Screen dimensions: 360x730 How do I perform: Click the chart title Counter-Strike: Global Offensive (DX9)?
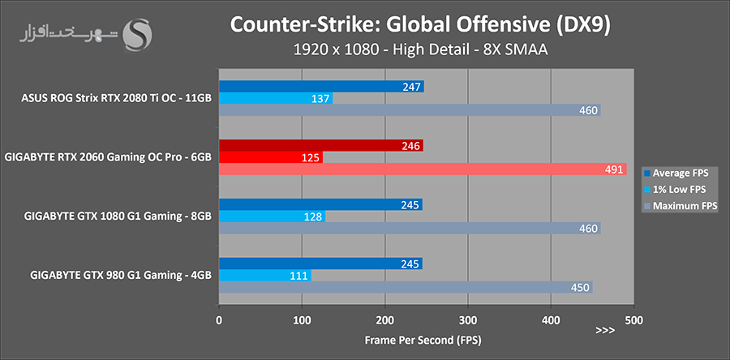click(x=420, y=24)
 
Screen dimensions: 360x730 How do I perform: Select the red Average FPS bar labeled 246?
click(x=320, y=145)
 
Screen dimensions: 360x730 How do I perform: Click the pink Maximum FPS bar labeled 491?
click(x=422, y=169)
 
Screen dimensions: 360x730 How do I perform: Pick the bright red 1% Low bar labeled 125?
click(x=271, y=157)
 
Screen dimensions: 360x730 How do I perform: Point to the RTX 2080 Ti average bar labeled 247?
click(x=321, y=86)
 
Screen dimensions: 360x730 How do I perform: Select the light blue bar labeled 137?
click(x=276, y=98)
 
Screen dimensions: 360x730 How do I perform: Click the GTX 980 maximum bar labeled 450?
click(x=406, y=287)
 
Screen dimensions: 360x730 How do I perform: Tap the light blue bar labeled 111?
click(x=265, y=276)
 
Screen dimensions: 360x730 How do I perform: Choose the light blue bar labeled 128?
click(x=272, y=216)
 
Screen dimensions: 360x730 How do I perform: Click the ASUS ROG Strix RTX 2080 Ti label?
click(x=117, y=99)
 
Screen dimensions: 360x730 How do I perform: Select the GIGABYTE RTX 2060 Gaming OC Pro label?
click(x=108, y=157)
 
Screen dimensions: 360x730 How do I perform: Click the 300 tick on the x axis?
click(x=467, y=319)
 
